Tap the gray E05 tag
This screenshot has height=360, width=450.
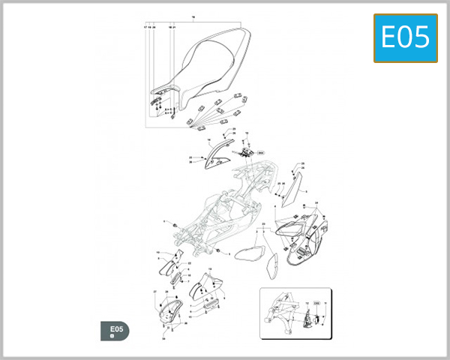pos(115,331)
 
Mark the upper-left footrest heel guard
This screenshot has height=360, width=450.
pos(168,264)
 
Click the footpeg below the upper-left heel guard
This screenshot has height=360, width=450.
pos(178,278)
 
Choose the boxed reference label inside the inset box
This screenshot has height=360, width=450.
pos(316,302)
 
